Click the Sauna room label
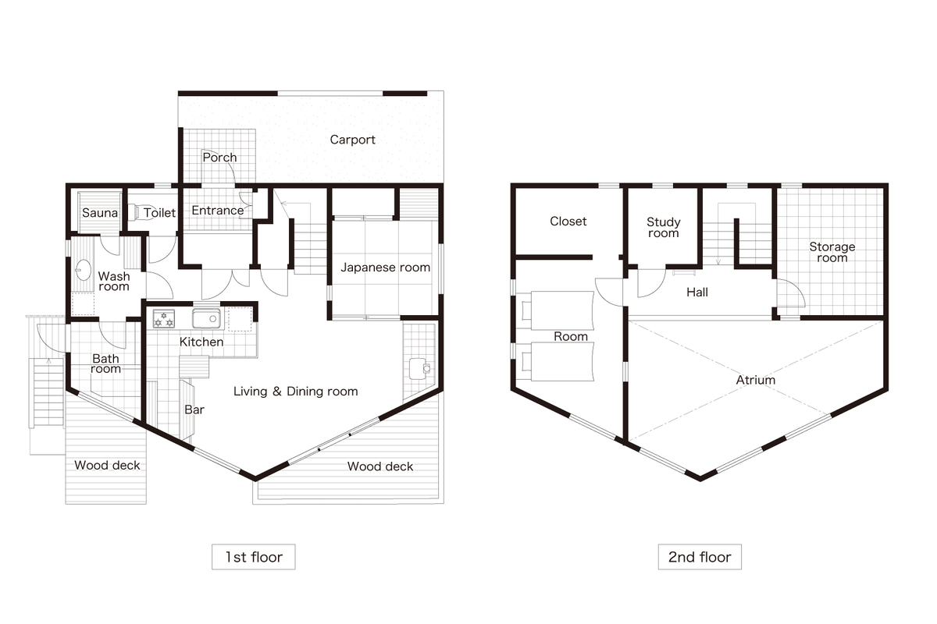pyautogui.click(x=100, y=213)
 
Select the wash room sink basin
pyautogui.click(x=84, y=270)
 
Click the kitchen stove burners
pyautogui.click(x=163, y=318)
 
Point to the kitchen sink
pyautogui.click(x=206, y=318)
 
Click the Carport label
pyautogui.click(x=352, y=140)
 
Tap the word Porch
pyautogui.click(x=219, y=158)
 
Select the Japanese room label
pyautogui.click(x=385, y=268)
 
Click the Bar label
pyautogui.click(x=194, y=409)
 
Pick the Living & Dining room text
pyautogui.click(x=295, y=392)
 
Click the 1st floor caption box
pyautogui.click(x=254, y=557)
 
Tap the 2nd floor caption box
pyautogui.click(x=700, y=557)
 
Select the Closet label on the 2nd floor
pyautogui.click(x=568, y=221)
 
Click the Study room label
pyautogui.click(x=664, y=227)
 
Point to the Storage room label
pyautogui.click(x=832, y=252)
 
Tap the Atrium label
pyautogui.click(x=756, y=380)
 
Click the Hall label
pyautogui.click(x=697, y=292)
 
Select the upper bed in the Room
pyautogui.click(x=558, y=310)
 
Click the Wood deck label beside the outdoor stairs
pyautogui.click(x=107, y=465)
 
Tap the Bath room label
pyautogui.click(x=105, y=363)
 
